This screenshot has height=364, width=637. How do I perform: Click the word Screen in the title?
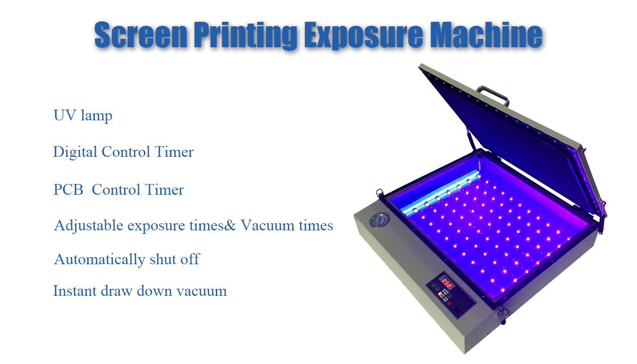click(x=141, y=35)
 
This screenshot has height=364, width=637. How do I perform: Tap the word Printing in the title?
click(x=246, y=36)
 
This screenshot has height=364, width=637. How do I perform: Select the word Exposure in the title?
click(x=363, y=36)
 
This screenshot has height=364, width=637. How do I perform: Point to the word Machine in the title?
click(x=486, y=35)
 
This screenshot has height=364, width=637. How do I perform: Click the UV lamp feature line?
click(x=83, y=116)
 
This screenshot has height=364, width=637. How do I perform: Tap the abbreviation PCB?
click(x=68, y=189)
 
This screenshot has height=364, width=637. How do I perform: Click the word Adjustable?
click(x=89, y=226)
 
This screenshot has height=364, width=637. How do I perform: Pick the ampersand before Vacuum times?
click(x=230, y=225)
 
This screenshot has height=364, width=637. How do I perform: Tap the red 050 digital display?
click(x=446, y=283)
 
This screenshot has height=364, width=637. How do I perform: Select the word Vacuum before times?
click(x=268, y=225)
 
